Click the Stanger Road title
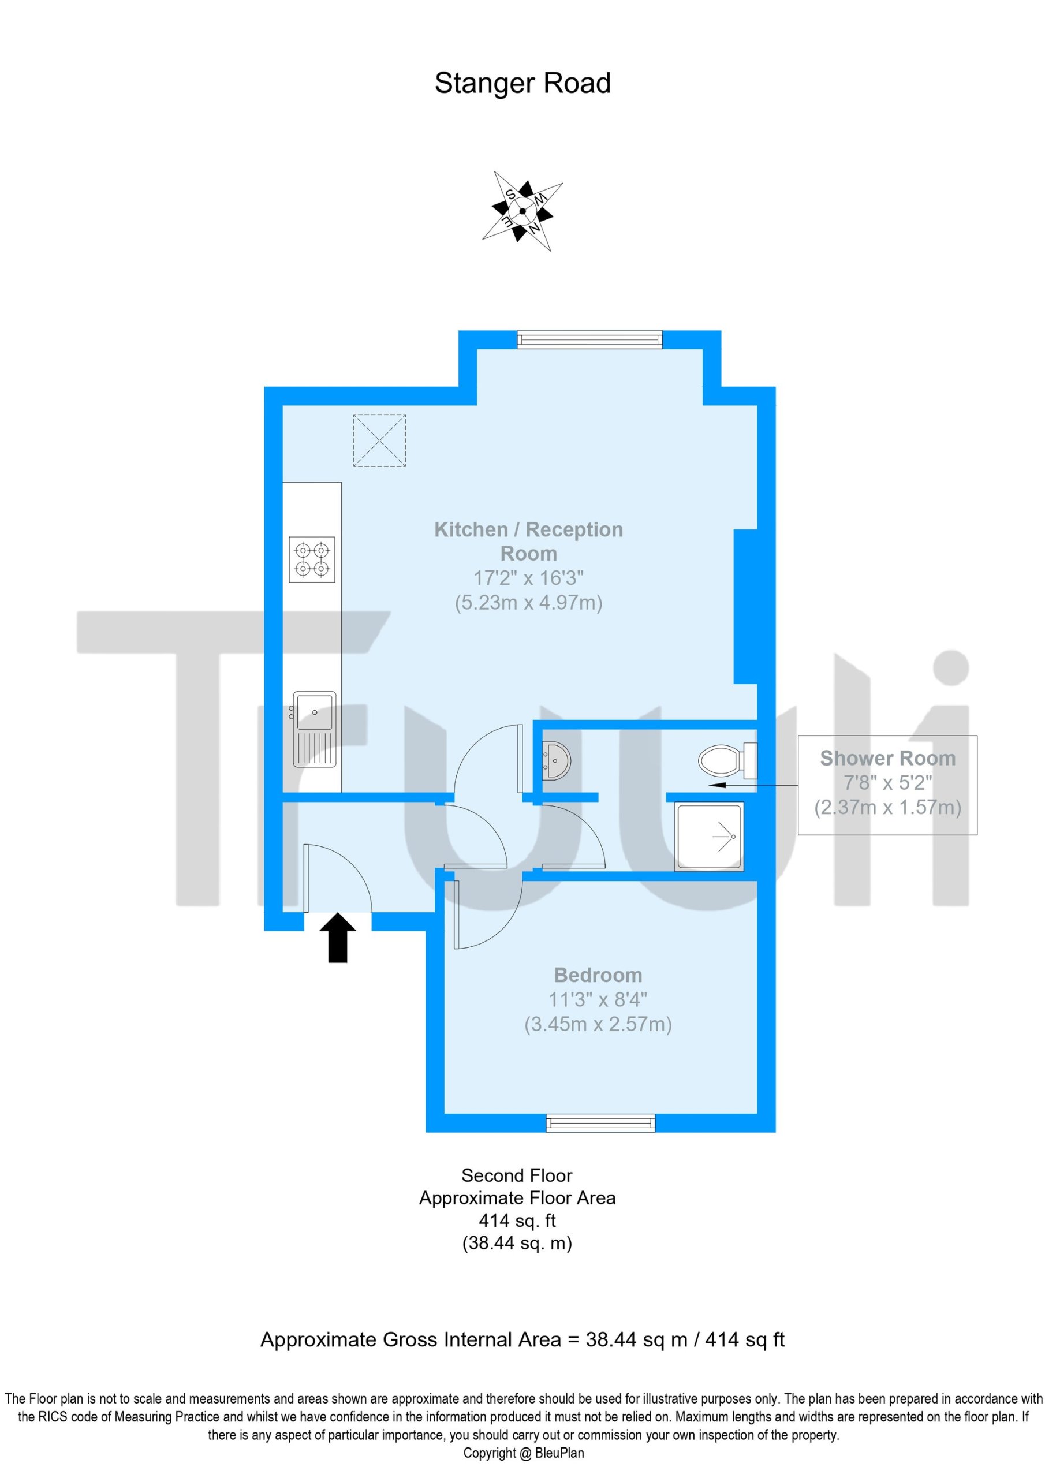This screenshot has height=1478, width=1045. [x=522, y=83]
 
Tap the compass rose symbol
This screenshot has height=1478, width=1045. [x=522, y=211]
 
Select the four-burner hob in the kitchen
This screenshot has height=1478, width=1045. [x=312, y=559]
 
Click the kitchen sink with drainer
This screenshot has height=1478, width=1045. [x=314, y=729]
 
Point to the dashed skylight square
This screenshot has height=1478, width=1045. [x=379, y=441]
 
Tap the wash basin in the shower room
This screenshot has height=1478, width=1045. [x=555, y=761]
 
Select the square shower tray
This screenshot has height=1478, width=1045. [x=709, y=836]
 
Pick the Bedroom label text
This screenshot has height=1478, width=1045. [x=598, y=975]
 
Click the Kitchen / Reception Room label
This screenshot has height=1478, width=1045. [x=529, y=542]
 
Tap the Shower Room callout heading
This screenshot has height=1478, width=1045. [x=887, y=758]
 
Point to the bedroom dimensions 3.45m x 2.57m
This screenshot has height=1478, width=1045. [x=598, y=1024]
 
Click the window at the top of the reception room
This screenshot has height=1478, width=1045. [x=589, y=339]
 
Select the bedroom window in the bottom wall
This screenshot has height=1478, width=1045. [x=600, y=1124]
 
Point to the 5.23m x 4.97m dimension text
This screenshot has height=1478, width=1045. [x=529, y=603]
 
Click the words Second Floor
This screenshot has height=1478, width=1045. [x=516, y=1175]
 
